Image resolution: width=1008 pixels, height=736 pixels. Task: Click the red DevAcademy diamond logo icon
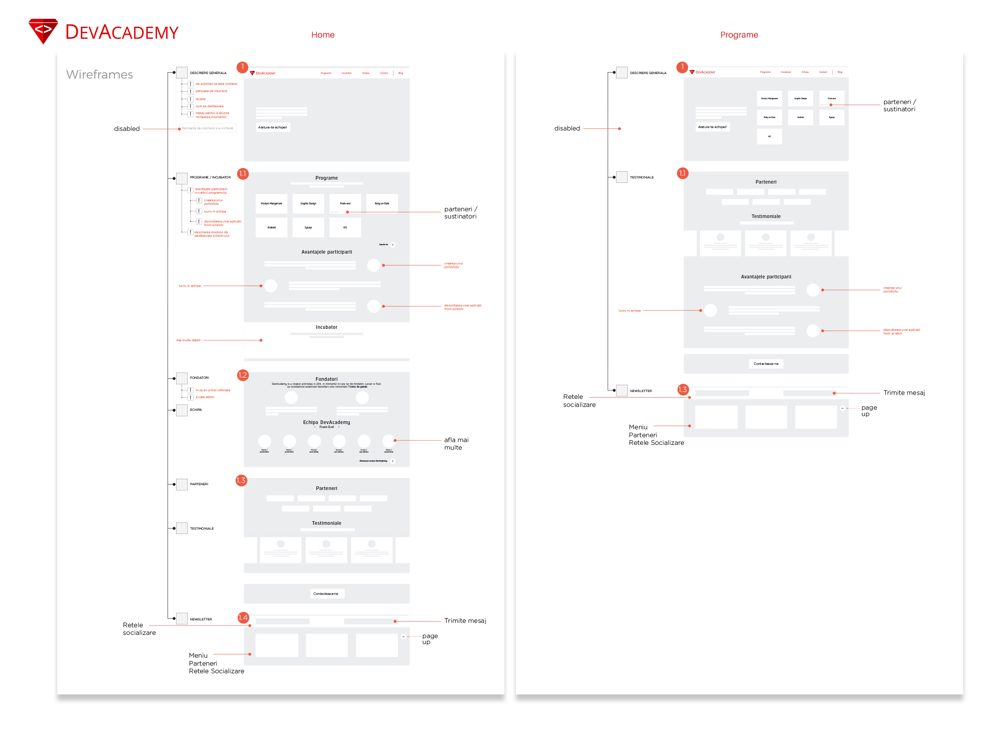[43, 31]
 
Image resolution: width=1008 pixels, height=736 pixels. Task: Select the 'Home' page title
[322, 35]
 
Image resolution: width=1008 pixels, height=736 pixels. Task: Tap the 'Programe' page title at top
[739, 35]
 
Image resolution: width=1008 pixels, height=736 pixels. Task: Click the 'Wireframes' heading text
[99, 74]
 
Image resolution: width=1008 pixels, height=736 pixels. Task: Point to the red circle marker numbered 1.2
[242, 375]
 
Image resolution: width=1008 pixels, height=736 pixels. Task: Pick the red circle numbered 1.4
[243, 618]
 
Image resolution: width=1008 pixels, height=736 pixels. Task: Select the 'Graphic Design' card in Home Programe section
[308, 204]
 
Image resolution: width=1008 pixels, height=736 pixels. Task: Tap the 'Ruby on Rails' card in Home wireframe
[382, 204]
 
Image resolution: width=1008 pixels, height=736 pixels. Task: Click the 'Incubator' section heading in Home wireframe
[326, 328]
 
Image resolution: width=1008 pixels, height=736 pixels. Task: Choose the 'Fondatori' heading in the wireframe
[326, 379]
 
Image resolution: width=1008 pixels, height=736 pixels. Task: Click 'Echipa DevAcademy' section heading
[326, 422]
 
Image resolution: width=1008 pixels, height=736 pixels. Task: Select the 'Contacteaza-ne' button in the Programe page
[765, 364]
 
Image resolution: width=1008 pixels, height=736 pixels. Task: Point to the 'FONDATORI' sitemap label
[199, 378]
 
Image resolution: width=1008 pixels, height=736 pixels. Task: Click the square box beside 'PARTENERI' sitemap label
[182, 484]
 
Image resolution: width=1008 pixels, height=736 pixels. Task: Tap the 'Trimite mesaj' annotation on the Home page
[465, 621]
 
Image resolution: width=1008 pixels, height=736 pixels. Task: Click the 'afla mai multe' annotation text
[456, 444]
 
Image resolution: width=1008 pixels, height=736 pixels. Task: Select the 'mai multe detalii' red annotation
[188, 340]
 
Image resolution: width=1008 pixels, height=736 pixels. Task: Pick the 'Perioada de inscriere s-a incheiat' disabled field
[208, 128]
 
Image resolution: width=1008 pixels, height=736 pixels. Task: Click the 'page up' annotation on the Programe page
[868, 411]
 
